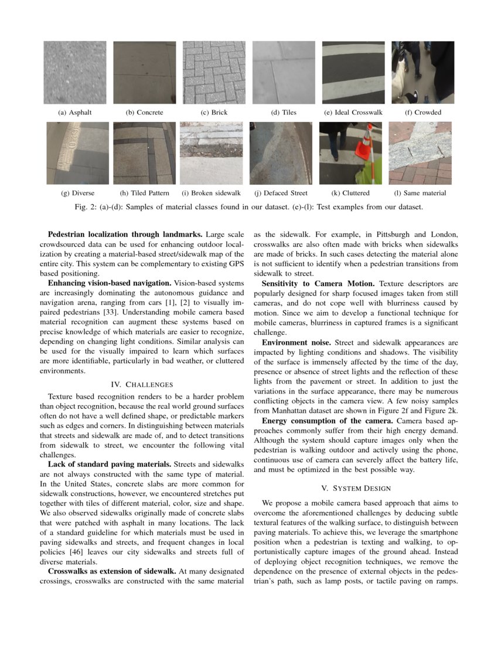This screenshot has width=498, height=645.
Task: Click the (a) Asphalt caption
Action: pos(74,112)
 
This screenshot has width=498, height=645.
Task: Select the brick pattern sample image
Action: pos(214,72)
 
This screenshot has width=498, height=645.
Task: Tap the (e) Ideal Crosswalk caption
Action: pos(353,112)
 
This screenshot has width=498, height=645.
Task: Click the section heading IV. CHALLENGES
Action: pos(142,384)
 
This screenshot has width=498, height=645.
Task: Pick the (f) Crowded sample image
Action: pos(422,72)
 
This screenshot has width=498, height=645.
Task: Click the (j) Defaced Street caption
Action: pos(281,193)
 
